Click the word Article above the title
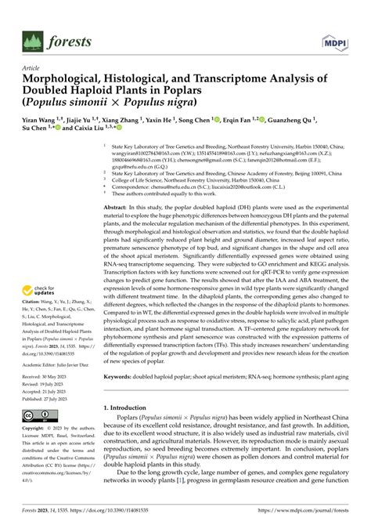[36, 68]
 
